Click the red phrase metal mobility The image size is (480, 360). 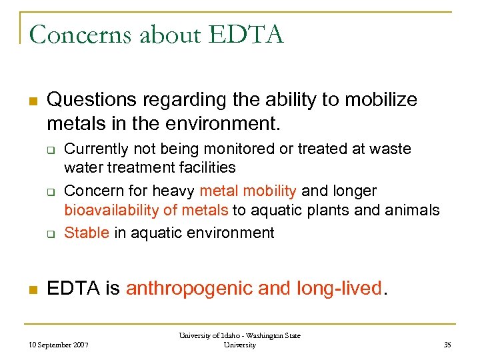coord(248,191)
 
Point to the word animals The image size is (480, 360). coord(413,211)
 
